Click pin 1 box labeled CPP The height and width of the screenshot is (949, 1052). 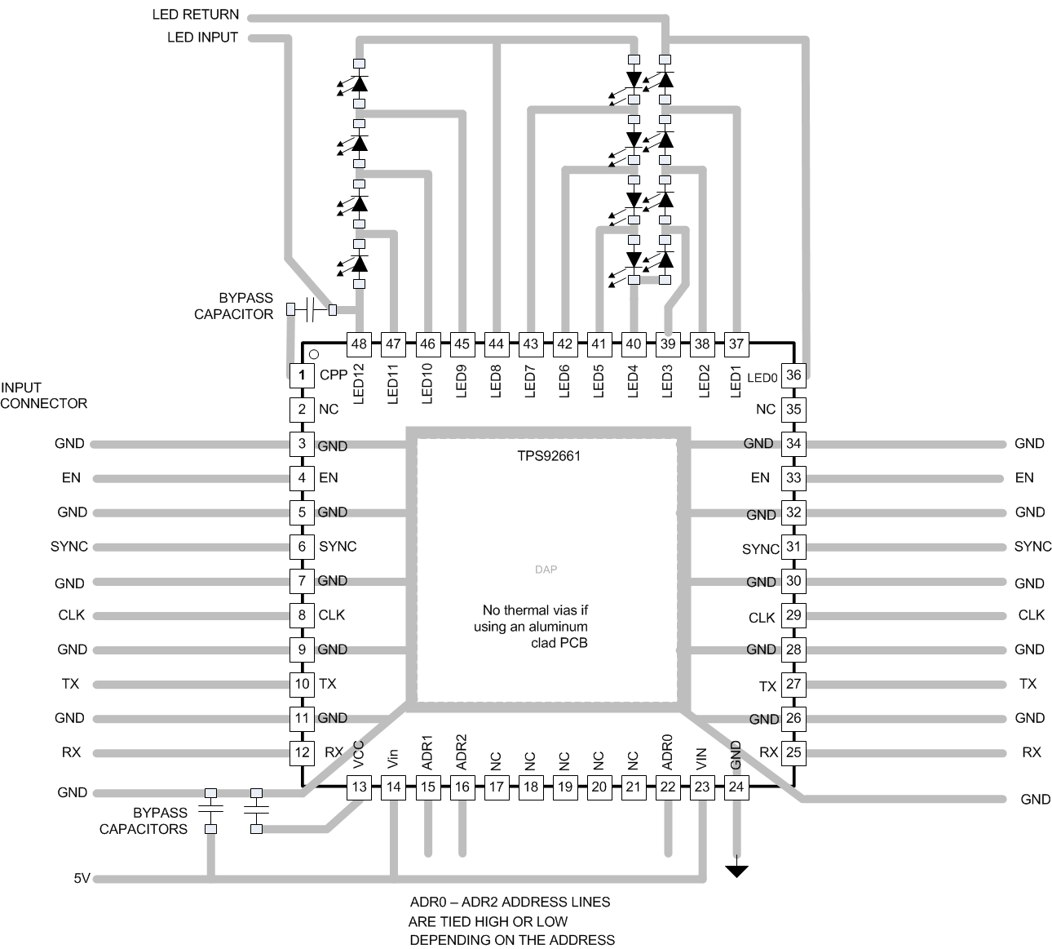302,375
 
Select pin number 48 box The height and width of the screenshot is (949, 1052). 359,344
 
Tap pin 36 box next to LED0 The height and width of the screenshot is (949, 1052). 793,375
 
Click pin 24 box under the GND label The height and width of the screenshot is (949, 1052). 736,787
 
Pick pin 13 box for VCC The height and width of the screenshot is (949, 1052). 359,787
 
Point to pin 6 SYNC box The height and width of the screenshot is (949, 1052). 302,547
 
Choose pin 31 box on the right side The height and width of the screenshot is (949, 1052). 793,547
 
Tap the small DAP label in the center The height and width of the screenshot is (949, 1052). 546,570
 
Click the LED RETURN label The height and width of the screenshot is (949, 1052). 196,15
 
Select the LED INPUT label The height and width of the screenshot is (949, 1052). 202,38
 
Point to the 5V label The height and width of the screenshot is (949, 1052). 82,879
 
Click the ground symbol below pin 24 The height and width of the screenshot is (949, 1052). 736,871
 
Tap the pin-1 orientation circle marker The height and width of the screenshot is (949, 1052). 314,355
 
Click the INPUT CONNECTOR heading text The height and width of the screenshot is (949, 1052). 43,396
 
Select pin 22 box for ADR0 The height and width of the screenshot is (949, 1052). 668,787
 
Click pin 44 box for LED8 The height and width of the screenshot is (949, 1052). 496,344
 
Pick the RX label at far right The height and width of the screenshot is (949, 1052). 1032,752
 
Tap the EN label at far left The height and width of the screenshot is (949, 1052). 71,478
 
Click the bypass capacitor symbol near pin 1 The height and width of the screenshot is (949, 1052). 311,310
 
